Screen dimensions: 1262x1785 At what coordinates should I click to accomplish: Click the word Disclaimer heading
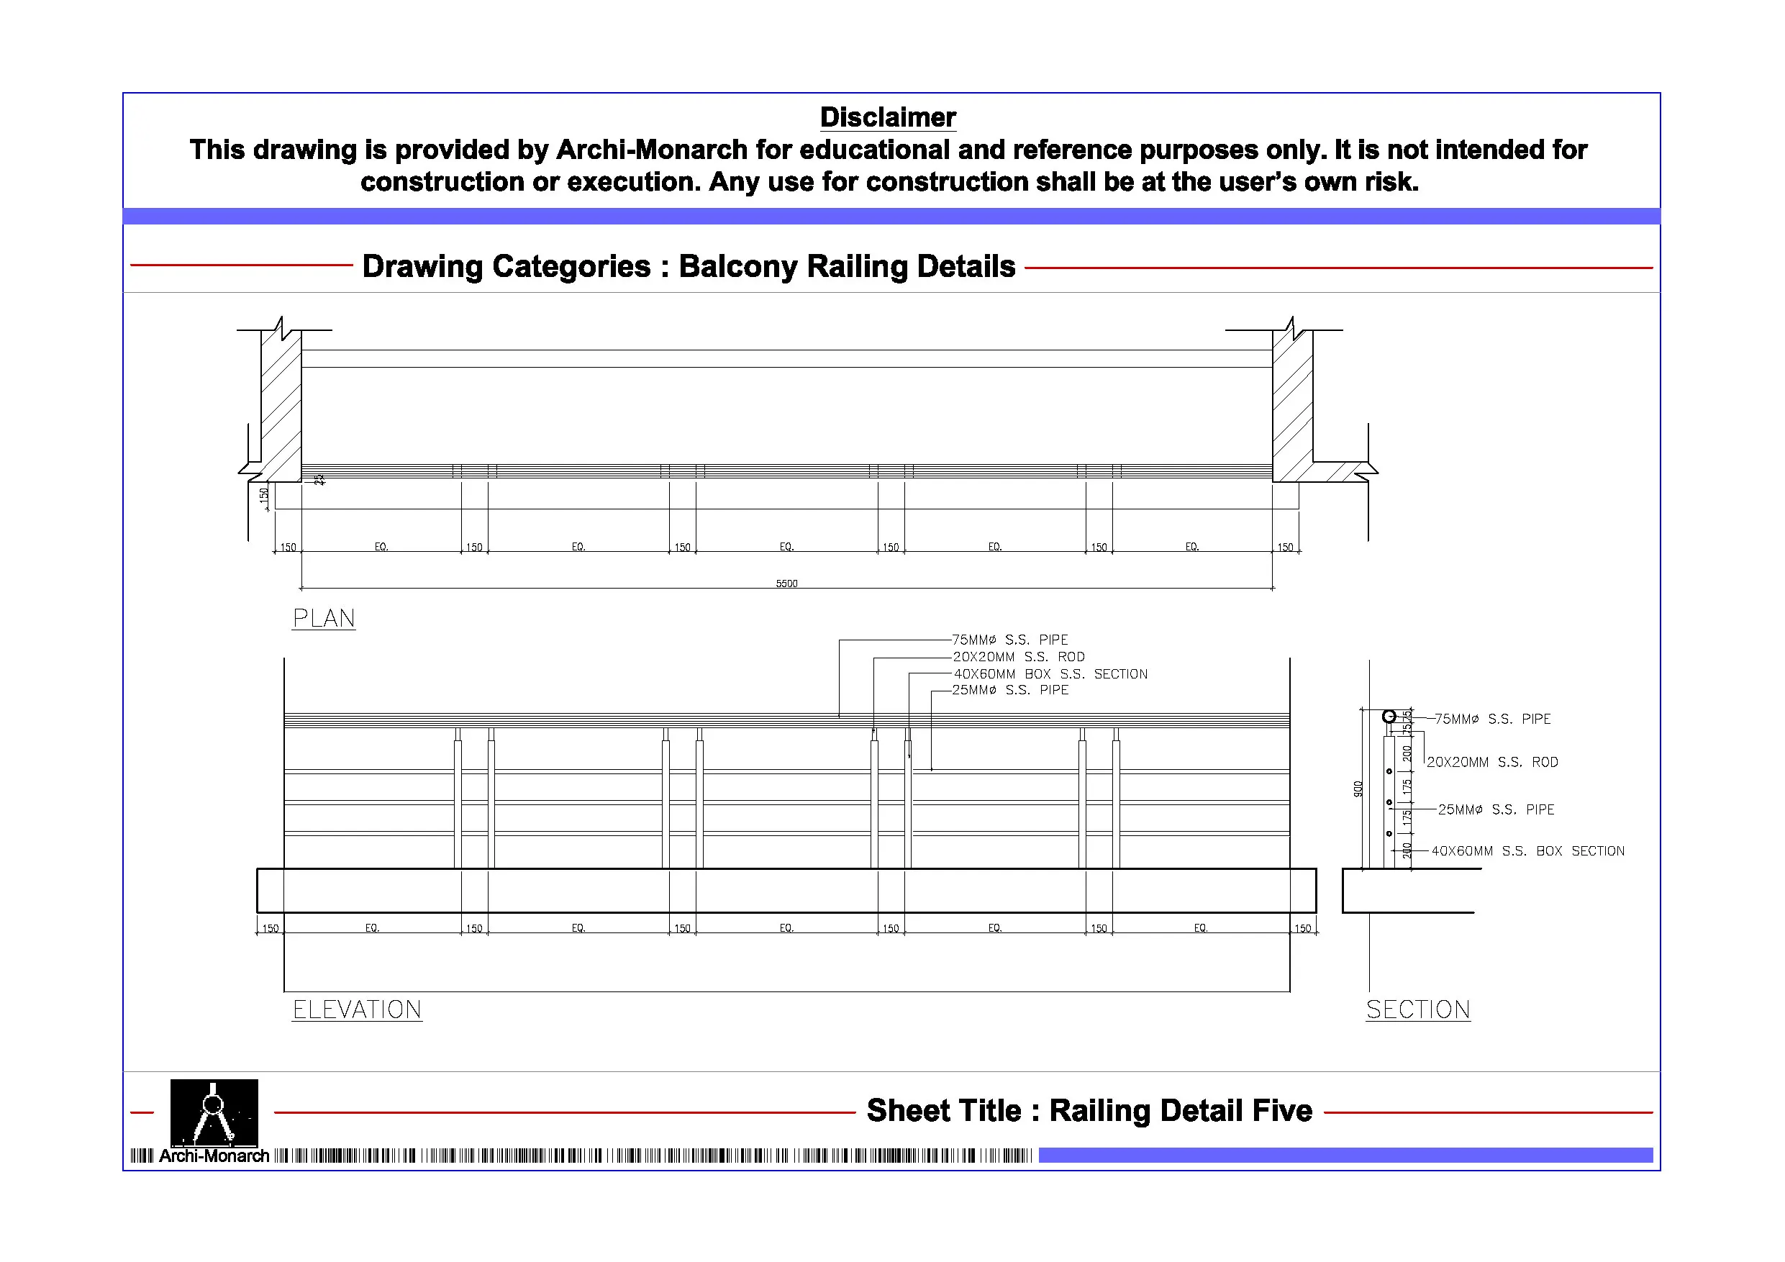pyautogui.click(x=888, y=117)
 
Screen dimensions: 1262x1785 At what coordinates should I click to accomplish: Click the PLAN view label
pyautogui.click(x=324, y=618)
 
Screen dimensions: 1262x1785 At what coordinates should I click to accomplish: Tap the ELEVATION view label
pyautogui.click(x=357, y=1009)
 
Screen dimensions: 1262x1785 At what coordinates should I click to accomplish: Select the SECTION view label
pyautogui.click(x=1417, y=1009)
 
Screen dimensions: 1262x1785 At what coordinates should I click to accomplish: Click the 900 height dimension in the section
pyautogui.click(x=1358, y=789)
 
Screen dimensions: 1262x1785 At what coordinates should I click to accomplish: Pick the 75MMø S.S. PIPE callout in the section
pyautogui.click(x=1492, y=719)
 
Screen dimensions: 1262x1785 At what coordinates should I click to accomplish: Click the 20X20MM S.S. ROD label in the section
pyautogui.click(x=1492, y=762)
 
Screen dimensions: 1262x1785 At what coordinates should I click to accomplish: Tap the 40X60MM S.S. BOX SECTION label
pyautogui.click(x=1527, y=850)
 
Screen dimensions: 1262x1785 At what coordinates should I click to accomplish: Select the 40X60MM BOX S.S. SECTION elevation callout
pyautogui.click(x=1050, y=674)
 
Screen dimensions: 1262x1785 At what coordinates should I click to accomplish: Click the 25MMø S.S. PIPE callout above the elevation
pyautogui.click(x=1010, y=691)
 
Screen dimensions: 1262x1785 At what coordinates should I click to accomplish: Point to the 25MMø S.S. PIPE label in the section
pyautogui.click(x=1496, y=809)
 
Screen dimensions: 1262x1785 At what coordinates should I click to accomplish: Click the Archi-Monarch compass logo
pyautogui.click(x=214, y=1113)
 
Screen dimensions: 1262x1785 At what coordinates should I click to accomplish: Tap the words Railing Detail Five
pyautogui.click(x=1180, y=1110)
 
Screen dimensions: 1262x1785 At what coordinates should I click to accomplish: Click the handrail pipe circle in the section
pyautogui.click(x=1389, y=716)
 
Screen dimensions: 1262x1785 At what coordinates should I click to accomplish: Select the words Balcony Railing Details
pyautogui.click(x=847, y=266)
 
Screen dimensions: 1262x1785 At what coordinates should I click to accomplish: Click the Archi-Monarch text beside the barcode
pyautogui.click(x=214, y=1156)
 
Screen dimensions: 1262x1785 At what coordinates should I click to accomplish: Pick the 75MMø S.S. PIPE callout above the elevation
pyautogui.click(x=1010, y=640)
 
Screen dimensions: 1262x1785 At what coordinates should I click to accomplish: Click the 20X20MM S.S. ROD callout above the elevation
pyautogui.click(x=1019, y=657)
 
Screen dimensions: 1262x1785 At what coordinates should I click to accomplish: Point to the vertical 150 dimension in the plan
pyautogui.click(x=263, y=494)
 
